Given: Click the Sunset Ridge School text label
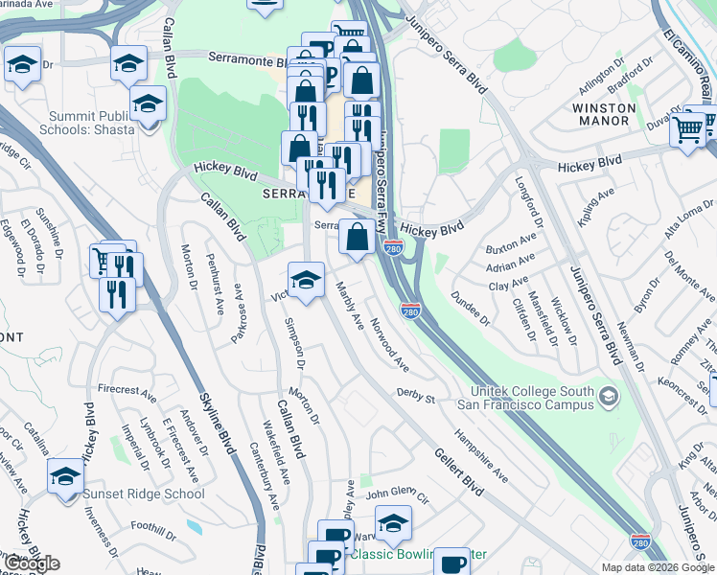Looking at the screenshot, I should click(144, 494).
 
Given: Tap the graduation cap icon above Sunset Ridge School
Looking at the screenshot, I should click(66, 476).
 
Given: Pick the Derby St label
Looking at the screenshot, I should click(416, 396).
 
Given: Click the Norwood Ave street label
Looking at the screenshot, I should click(391, 346).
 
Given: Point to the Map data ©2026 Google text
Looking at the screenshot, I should click(658, 567).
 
